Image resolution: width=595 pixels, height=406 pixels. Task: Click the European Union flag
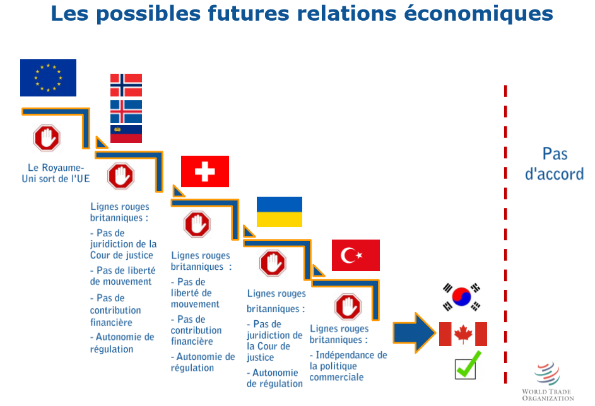pyautogui.click(x=48, y=78)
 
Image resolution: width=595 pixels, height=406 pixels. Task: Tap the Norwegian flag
pyautogui.click(x=126, y=85)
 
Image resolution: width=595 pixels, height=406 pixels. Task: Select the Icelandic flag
pyautogui.click(x=126, y=112)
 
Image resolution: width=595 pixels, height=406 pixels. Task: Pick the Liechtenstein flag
pyautogui.click(x=126, y=134)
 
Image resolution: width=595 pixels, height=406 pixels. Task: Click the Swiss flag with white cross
pyautogui.click(x=205, y=171)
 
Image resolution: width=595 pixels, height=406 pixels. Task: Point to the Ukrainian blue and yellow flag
pyautogui.click(x=280, y=212)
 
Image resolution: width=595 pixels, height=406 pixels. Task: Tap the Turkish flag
pyautogui.click(x=356, y=255)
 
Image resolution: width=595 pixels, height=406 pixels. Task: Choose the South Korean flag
pyautogui.click(x=461, y=297)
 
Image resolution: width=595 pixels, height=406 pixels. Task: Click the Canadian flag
pyautogui.click(x=463, y=334)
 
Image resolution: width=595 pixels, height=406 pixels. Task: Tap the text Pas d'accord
pyautogui.click(x=555, y=164)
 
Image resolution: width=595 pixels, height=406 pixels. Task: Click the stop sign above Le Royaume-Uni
pyautogui.click(x=47, y=138)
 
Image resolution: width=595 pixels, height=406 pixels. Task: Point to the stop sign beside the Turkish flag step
pyautogui.click(x=348, y=306)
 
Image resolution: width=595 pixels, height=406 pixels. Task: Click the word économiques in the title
pyautogui.click(x=478, y=14)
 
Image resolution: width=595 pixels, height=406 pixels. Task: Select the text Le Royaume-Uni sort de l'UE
pyautogui.click(x=56, y=173)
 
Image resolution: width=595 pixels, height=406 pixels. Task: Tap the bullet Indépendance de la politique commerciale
pyautogui.click(x=348, y=366)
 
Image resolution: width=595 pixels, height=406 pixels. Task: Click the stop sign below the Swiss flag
pyautogui.click(x=197, y=224)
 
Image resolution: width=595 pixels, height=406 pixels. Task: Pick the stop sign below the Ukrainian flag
pyautogui.click(x=273, y=263)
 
